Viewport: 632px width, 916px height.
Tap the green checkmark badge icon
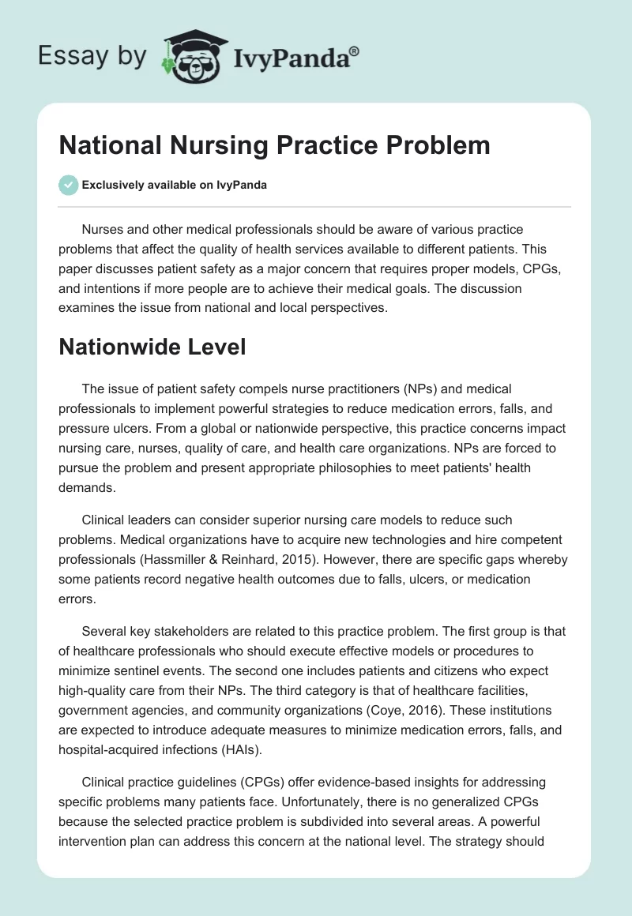click(x=68, y=185)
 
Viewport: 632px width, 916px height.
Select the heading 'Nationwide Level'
click(x=152, y=346)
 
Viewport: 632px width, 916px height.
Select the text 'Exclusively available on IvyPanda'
click(x=174, y=185)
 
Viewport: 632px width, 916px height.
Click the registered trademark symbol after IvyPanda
click(x=355, y=49)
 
